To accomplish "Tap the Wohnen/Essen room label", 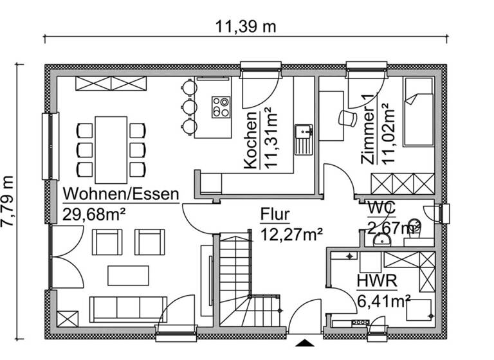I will tap(120, 194).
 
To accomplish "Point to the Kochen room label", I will tap(250, 138).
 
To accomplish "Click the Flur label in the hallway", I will tap(275, 214).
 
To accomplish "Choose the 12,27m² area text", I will tap(291, 234).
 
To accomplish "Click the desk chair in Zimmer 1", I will tap(348, 117).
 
